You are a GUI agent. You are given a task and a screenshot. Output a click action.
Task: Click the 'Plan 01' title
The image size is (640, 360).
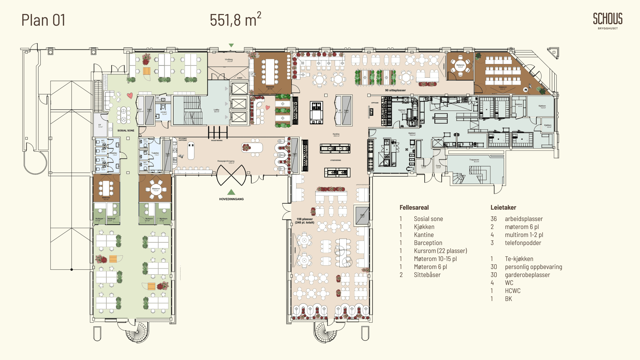click(x=43, y=20)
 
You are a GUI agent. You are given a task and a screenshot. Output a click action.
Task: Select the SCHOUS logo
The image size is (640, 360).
click(x=607, y=20)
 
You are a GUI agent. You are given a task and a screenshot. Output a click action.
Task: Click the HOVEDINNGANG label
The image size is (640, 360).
click(x=231, y=199)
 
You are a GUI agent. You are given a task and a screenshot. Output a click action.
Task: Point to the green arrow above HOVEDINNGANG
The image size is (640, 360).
click(x=231, y=192)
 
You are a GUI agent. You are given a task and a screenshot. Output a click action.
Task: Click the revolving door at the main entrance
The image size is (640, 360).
click(x=231, y=175)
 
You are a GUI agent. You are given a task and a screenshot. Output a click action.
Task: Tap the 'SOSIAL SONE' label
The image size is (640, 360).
click(x=126, y=131)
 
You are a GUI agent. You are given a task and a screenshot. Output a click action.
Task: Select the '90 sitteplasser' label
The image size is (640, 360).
click(x=395, y=90)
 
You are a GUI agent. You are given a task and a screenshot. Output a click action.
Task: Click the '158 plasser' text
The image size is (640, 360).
click(x=305, y=219)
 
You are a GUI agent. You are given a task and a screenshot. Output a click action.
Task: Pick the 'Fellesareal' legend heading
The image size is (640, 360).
click(x=414, y=207)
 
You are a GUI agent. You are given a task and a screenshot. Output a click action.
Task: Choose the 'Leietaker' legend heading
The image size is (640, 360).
click(x=503, y=207)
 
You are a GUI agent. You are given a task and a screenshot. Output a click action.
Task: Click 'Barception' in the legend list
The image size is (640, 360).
click(x=428, y=243)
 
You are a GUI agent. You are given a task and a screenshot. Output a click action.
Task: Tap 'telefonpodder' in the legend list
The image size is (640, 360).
click(x=523, y=243)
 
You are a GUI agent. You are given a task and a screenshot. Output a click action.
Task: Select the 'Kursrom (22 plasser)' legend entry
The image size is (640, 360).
click(x=440, y=251)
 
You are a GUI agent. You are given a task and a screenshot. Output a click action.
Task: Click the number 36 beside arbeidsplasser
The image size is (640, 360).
click(x=493, y=219)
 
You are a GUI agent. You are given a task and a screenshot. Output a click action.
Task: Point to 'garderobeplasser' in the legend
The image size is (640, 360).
click(x=527, y=275)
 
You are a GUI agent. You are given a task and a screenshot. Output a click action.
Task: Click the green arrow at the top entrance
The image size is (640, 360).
click(x=231, y=45)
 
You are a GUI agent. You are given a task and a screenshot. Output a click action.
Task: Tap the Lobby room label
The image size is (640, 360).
click(x=216, y=110)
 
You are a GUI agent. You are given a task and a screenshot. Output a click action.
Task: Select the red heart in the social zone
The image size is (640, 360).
click(x=130, y=96)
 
